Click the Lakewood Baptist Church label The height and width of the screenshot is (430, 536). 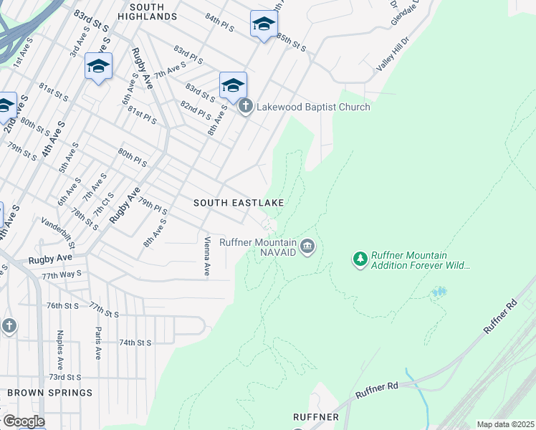pyautogui.click(x=314, y=107)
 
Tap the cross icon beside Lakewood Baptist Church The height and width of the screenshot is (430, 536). pyautogui.click(x=246, y=107)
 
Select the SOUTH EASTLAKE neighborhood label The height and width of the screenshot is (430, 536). pyautogui.click(x=239, y=203)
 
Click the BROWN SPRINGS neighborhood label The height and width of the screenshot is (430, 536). pyautogui.click(x=50, y=393)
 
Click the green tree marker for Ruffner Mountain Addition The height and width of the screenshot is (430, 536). pyautogui.click(x=360, y=257)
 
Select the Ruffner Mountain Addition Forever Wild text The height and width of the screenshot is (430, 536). pyautogui.click(x=420, y=261)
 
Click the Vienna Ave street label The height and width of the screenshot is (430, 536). pyautogui.click(x=207, y=257)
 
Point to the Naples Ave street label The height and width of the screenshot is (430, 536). pyautogui.click(x=61, y=345)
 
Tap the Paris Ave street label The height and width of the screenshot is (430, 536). pyautogui.click(x=98, y=343)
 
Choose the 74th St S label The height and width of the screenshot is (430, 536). pyautogui.click(x=135, y=343)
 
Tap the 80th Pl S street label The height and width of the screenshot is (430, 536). pyautogui.click(x=133, y=158)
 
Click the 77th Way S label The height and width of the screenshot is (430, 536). pyautogui.click(x=61, y=274)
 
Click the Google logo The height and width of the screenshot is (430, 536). pyautogui.click(x=23, y=421)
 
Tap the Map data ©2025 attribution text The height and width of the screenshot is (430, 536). pyautogui.click(x=505, y=424)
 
